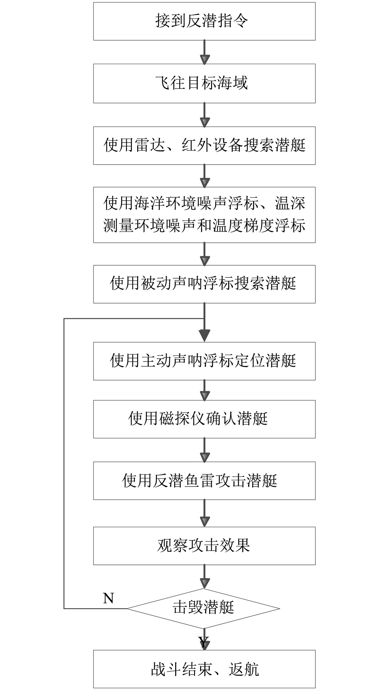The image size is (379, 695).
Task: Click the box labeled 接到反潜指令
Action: pyautogui.click(x=204, y=21)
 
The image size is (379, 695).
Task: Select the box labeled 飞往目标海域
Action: pyautogui.click(x=204, y=83)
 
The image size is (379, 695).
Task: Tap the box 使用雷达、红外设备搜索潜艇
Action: pyautogui.click(x=204, y=146)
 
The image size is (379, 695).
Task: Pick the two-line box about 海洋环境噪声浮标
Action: pyautogui.click(x=204, y=215)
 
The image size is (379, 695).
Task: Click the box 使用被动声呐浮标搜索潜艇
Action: pyautogui.click(x=204, y=284)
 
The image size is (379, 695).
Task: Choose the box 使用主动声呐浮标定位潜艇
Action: pyautogui.click(x=204, y=361)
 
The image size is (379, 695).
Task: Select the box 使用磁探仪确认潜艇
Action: pyautogui.click(x=204, y=419)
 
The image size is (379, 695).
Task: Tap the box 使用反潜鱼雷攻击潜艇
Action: pyautogui.click(x=204, y=480)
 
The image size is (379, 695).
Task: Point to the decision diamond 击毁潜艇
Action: pyautogui.click(x=203, y=608)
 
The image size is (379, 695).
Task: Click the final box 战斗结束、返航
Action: pyautogui.click(x=204, y=669)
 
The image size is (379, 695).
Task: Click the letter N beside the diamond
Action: pyautogui.click(x=108, y=598)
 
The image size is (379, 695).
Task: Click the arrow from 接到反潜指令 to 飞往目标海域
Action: pyautogui.click(x=204, y=52)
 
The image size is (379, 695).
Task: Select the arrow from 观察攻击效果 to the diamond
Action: pyautogui.click(x=204, y=576)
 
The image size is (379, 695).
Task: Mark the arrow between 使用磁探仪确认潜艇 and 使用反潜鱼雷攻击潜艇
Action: pyautogui.click(x=204, y=450)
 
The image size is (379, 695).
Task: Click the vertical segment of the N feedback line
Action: pyautogui.click(x=64, y=459)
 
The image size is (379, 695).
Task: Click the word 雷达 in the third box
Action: pyautogui.click(x=150, y=145)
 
